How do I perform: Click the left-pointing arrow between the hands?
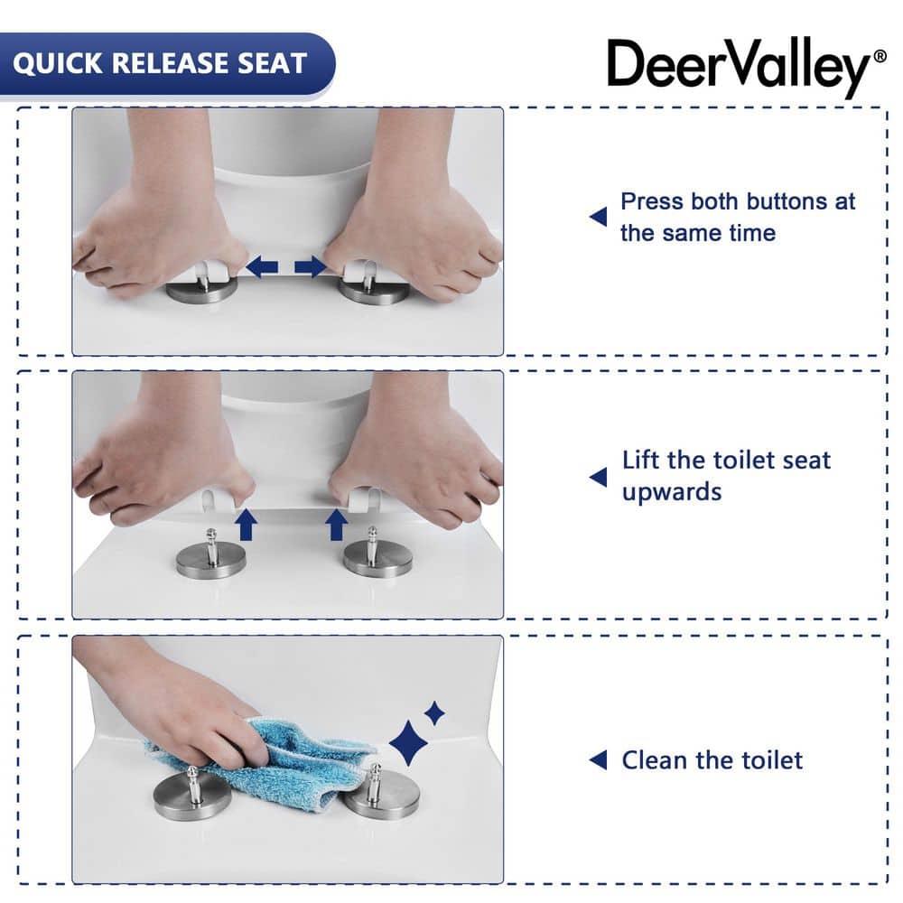click(x=263, y=265)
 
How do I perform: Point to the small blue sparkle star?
click(x=434, y=713)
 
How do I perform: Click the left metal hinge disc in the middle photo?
click(x=210, y=559)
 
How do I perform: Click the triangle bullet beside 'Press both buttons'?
click(x=598, y=217)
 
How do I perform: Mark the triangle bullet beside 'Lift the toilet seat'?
click(x=598, y=476)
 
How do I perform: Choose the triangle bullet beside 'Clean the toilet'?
click(x=598, y=760)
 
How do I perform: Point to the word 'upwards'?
click(x=671, y=492)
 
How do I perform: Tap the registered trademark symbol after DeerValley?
click(x=880, y=56)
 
